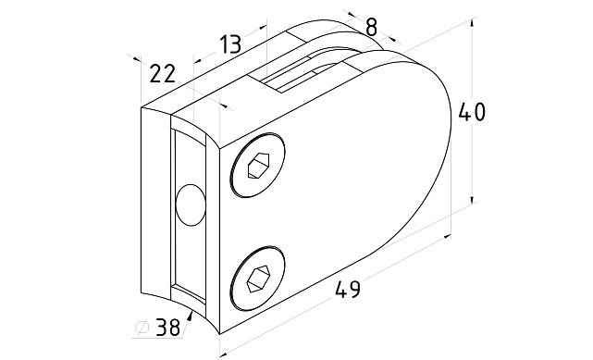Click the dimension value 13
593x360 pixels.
tap(230, 43)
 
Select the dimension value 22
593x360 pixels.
tap(163, 73)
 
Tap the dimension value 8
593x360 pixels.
tap(372, 27)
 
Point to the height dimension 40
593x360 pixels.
tap(472, 112)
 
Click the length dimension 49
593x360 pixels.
tap(348, 290)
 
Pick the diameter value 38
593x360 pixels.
tap(168, 327)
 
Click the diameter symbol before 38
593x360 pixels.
tap(142, 328)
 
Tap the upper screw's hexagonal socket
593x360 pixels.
tap(258, 166)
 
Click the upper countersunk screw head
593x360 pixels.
tap(257, 166)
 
